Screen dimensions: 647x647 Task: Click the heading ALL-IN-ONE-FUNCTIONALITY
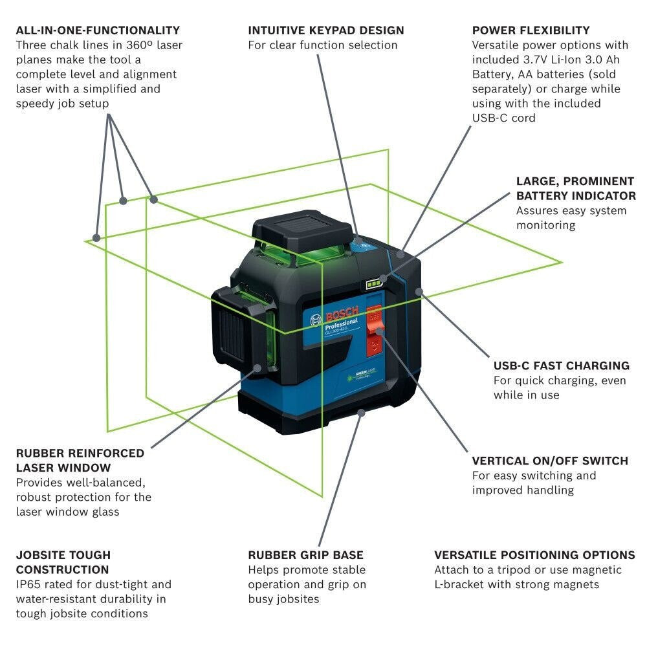pyautogui.click(x=98, y=30)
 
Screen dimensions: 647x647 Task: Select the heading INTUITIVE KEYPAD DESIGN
pyautogui.click(x=326, y=30)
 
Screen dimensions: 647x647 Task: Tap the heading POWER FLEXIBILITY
pyautogui.click(x=531, y=30)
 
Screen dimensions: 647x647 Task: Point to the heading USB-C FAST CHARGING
pyautogui.click(x=561, y=366)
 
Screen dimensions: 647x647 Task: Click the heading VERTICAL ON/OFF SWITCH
pyautogui.click(x=550, y=461)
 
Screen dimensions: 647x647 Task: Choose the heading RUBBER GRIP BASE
pyautogui.click(x=305, y=555)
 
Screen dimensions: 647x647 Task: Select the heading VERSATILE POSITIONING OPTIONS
pyautogui.click(x=534, y=555)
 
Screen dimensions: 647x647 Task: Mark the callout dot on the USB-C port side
pyautogui.click(x=419, y=292)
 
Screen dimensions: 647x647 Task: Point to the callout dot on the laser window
pyautogui.click(x=258, y=367)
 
